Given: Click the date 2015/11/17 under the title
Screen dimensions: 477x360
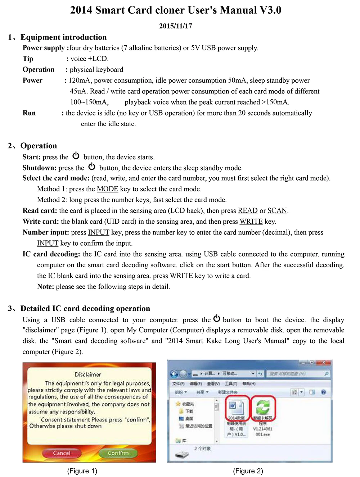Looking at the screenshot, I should point(176,26).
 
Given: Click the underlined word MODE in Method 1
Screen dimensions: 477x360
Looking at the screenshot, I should point(107,189).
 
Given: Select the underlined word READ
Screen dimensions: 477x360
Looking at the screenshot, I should point(248,210).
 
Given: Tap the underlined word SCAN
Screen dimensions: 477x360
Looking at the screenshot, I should point(277,210).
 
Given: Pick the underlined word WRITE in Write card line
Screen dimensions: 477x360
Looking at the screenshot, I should point(251,221).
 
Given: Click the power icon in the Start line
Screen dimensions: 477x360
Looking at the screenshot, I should point(76,156).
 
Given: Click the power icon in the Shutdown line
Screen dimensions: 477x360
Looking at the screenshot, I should point(92,167).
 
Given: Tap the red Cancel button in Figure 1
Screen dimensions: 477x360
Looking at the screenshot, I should point(62,453).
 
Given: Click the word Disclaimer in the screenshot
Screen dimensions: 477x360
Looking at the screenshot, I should point(88,374).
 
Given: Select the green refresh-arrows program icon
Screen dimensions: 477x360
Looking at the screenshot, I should point(263,407).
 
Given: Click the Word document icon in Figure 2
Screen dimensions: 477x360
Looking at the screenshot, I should point(236,407).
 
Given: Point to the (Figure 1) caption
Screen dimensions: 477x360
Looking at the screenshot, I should point(82,471).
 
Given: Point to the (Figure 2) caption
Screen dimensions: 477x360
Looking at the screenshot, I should point(248,471).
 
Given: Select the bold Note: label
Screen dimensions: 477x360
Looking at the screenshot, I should point(45,287).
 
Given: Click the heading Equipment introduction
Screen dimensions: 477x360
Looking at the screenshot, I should point(63,37).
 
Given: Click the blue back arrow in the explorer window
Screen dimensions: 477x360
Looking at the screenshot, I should point(174,374).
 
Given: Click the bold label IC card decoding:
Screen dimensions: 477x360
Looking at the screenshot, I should point(51,254).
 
